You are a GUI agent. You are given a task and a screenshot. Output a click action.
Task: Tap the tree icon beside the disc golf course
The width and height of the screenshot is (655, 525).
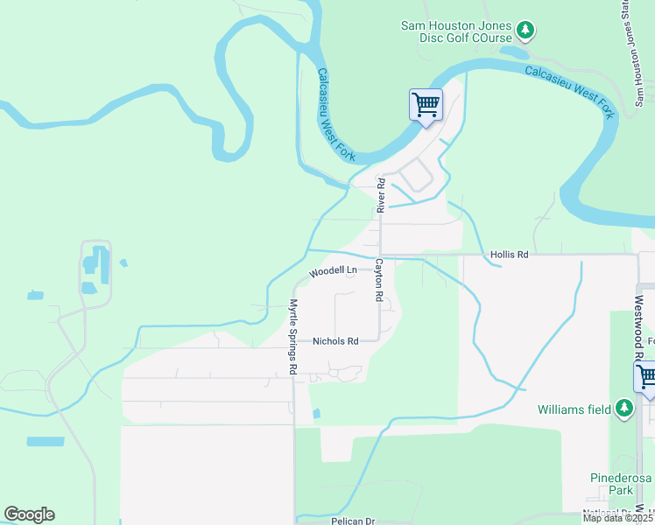click(525, 31)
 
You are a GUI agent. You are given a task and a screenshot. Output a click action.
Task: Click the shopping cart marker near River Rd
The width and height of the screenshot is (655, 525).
click(426, 106)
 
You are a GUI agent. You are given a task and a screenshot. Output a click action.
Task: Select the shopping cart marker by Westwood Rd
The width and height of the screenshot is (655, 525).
click(646, 378)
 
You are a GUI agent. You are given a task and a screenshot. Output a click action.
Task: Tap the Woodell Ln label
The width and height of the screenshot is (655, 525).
click(333, 270)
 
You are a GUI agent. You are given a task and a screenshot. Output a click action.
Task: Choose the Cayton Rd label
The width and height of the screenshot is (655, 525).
click(379, 280)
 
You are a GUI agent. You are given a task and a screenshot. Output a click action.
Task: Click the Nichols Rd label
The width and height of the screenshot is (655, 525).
click(335, 341)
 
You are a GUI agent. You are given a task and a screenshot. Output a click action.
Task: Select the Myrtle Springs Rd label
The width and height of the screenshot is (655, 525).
click(294, 339)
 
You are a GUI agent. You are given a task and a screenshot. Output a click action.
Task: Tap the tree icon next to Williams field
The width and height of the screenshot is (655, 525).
click(623, 408)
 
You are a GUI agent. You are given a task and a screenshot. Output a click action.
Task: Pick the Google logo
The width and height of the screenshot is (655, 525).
click(29, 514)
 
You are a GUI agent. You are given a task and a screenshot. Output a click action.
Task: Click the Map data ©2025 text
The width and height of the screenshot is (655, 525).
click(616, 518)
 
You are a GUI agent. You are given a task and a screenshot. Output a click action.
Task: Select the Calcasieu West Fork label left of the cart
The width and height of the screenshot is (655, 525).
click(335, 114)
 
